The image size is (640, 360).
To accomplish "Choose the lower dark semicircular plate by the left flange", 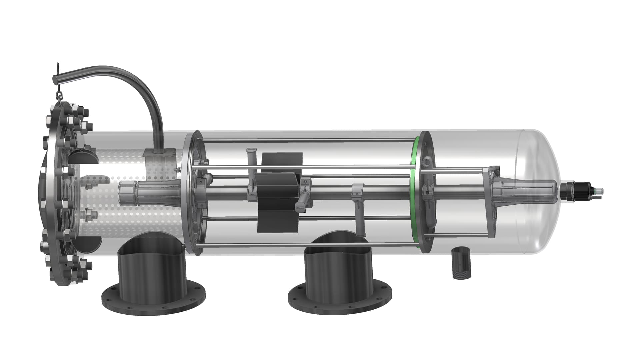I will [89, 244].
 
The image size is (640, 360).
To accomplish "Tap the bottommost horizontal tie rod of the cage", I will [307, 246].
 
